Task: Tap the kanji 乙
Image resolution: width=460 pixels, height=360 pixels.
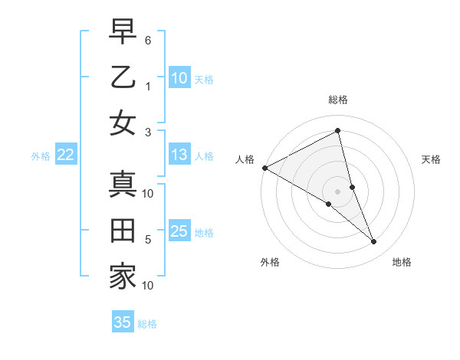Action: pyautogui.click(x=122, y=78)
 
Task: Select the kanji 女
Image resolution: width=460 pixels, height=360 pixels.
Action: pyautogui.click(x=122, y=123)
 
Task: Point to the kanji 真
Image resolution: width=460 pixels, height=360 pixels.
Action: pyautogui.click(x=122, y=185)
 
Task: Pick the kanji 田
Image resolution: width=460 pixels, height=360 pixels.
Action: pyautogui.click(x=122, y=231)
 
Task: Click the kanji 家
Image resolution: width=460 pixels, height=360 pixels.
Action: pyautogui.click(x=122, y=276)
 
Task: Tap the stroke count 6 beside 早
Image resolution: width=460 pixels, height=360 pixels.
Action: pyautogui.click(x=149, y=38)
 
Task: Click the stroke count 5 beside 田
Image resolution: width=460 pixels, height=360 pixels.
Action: pyautogui.click(x=149, y=240)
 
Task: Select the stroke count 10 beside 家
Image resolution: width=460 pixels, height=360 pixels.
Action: pyautogui.click(x=149, y=286)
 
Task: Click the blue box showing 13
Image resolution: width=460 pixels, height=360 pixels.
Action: pyautogui.click(x=179, y=155)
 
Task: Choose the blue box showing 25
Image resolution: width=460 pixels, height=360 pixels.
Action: pyautogui.click(x=179, y=231)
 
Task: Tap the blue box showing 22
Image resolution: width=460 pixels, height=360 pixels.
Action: pyautogui.click(x=65, y=155)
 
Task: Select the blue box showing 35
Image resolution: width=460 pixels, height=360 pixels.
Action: pyautogui.click(x=122, y=322)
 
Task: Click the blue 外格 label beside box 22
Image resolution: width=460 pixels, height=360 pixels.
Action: pyautogui.click(x=41, y=156)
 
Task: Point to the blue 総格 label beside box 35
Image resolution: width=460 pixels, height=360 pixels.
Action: pyautogui.click(x=147, y=324)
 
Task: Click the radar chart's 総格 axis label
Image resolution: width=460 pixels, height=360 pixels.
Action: pyautogui.click(x=337, y=100)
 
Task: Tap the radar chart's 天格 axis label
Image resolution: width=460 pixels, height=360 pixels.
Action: pyautogui.click(x=431, y=159)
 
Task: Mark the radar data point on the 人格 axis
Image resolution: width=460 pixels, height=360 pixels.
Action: pyautogui.click(x=264, y=168)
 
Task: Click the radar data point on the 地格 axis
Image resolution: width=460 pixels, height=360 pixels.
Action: pyautogui.click(x=374, y=241)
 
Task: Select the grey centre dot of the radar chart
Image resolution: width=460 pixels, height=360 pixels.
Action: pyautogui.click(x=337, y=191)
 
